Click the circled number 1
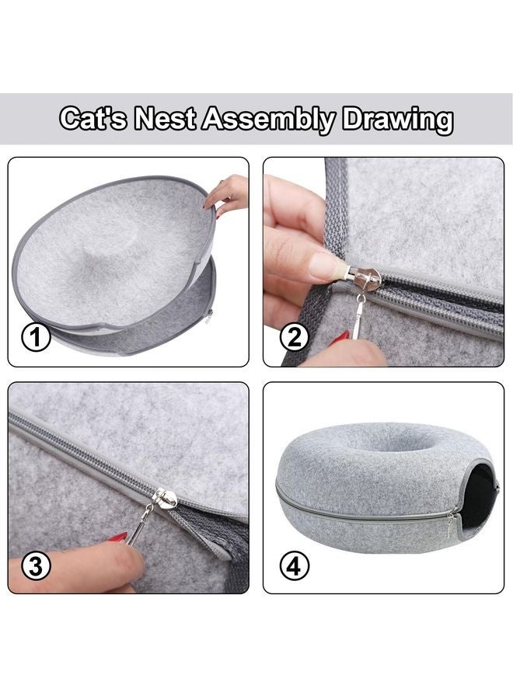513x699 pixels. (36, 338)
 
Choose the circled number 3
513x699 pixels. (36, 566)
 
